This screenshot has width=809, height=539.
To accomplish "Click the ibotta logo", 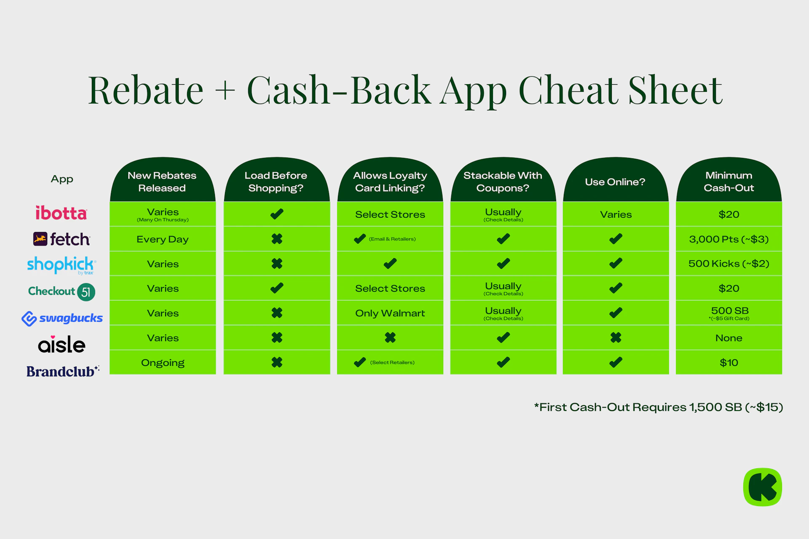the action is pyautogui.click(x=61, y=213).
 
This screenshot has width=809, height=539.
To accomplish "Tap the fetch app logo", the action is pyautogui.click(x=62, y=239).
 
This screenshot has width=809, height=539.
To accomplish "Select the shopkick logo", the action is pyautogui.click(x=62, y=265).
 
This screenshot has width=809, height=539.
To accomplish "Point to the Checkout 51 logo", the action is pyautogui.click(x=62, y=291).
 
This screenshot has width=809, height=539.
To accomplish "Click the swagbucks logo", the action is pyautogui.click(x=62, y=318).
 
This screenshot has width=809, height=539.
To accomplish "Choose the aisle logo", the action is pyautogui.click(x=62, y=344).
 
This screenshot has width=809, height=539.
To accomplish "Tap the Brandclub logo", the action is pyautogui.click(x=63, y=371).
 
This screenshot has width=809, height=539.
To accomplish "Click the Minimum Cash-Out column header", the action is pyautogui.click(x=729, y=181).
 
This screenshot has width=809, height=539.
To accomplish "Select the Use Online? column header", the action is pyautogui.click(x=616, y=181).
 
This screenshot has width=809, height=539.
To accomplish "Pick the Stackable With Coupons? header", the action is pyautogui.click(x=503, y=181).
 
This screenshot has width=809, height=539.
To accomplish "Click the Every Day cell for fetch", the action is pyautogui.click(x=163, y=239).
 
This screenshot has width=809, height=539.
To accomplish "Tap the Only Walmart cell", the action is pyautogui.click(x=390, y=313).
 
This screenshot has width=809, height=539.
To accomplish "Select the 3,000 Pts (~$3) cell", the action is pyautogui.click(x=729, y=239).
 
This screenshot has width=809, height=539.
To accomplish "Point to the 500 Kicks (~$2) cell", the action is pyautogui.click(x=729, y=264).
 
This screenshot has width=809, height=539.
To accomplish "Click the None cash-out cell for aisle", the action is pyautogui.click(x=729, y=338).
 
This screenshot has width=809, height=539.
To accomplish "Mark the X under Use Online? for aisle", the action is pyautogui.click(x=616, y=338).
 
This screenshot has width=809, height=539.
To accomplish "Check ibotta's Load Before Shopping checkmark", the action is pyautogui.click(x=277, y=214).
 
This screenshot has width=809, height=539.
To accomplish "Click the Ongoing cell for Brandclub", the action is pyautogui.click(x=163, y=363).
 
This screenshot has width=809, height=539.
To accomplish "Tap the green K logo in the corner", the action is pyautogui.click(x=763, y=487).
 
